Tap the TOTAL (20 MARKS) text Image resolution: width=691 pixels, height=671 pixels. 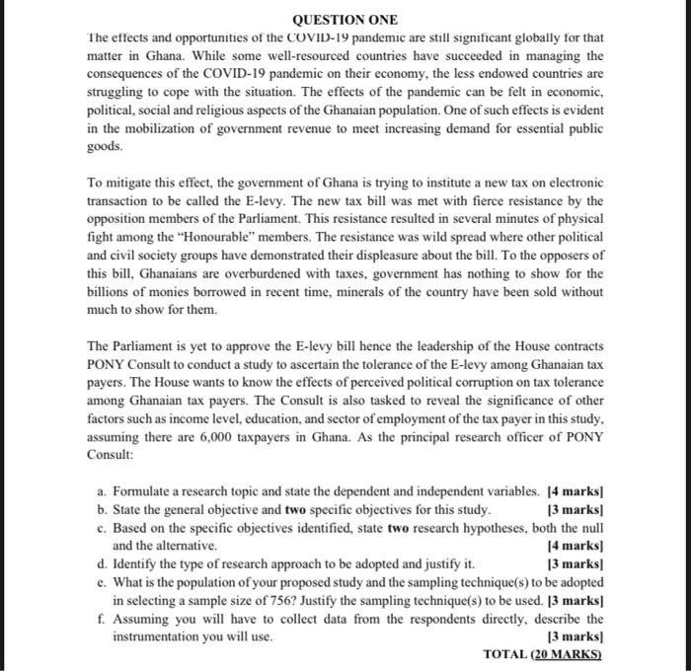(543, 653)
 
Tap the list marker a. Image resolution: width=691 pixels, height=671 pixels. (103, 490)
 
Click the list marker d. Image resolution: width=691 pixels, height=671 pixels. (103, 563)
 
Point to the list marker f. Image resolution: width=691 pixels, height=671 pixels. (103, 620)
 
